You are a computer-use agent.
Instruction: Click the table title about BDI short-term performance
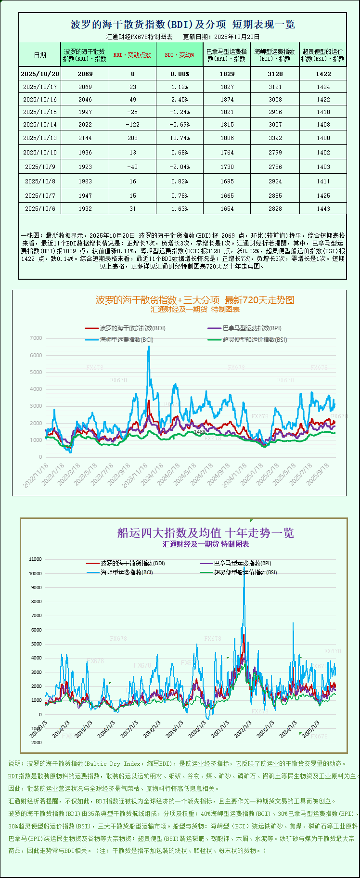pos(183,25)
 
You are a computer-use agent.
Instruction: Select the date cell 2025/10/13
pos(40,138)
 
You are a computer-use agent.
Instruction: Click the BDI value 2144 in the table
pos(85,138)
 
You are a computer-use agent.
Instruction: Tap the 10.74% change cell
pos(180,138)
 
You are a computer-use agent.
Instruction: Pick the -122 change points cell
pos(133,125)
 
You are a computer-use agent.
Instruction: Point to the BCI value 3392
pos(275,138)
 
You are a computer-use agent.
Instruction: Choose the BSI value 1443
pos(323,209)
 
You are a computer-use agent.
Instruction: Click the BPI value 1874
pos(227,100)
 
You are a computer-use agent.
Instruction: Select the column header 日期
pos(40,55)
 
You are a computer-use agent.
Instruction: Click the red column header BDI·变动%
pos(180,55)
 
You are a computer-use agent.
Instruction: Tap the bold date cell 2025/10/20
pos(40,74)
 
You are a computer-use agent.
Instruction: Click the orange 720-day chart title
pos(195,300)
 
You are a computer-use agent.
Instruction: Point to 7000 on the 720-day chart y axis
pos(36,338)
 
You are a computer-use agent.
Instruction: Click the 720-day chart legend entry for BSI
pos(255,339)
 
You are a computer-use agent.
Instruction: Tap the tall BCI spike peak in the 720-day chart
pos(148,347)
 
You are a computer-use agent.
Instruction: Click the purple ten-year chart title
pos(206,533)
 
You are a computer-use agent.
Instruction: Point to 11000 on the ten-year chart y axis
pos(36,559)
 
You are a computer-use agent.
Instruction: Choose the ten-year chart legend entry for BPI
pos(242,563)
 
